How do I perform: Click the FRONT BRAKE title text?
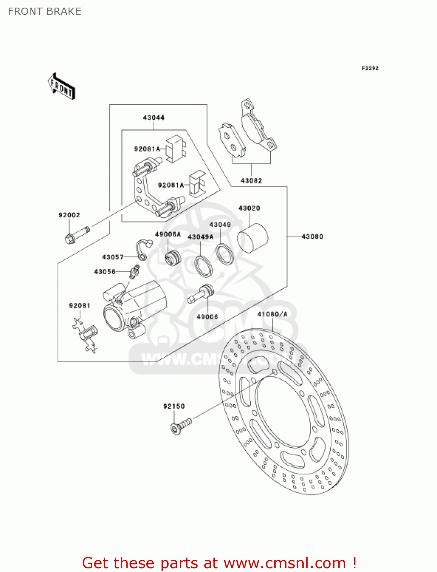pyautogui.click(x=45, y=11)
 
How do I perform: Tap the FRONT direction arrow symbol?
pyautogui.click(x=61, y=87)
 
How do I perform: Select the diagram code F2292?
pyautogui.click(x=370, y=68)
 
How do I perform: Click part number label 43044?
pyautogui.click(x=154, y=117)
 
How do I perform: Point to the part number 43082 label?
pyautogui.click(x=251, y=181)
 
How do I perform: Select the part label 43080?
pyautogui.click(x=312, y=236)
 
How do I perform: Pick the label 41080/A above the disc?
pyautogui.click(x=272, y=314)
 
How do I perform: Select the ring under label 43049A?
pyautogui.click(x=203, y=266)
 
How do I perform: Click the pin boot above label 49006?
pyautogui.click(x=201, y=294)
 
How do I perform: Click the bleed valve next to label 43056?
pyautogui.click(x=134, y=272)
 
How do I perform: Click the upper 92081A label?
pyautogui.click(x=147, y=149)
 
